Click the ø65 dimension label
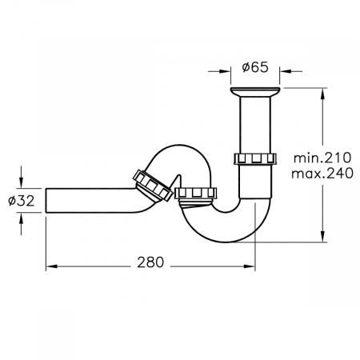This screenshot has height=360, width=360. tap(255, 67)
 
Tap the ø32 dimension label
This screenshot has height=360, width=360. tap(22, 201)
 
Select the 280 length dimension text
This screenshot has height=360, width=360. tap(150, 262)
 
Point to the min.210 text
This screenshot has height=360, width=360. tap(322, 158)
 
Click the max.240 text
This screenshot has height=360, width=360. tap(322, 174)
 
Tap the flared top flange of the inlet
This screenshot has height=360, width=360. tap(255, 92)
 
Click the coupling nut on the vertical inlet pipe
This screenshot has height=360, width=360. tap(255, 159)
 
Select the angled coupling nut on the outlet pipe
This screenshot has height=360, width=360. tap(153, 185)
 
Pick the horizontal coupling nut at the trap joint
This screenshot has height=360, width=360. tap(196, 193)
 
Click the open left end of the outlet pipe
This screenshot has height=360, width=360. tap(46, 201)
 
